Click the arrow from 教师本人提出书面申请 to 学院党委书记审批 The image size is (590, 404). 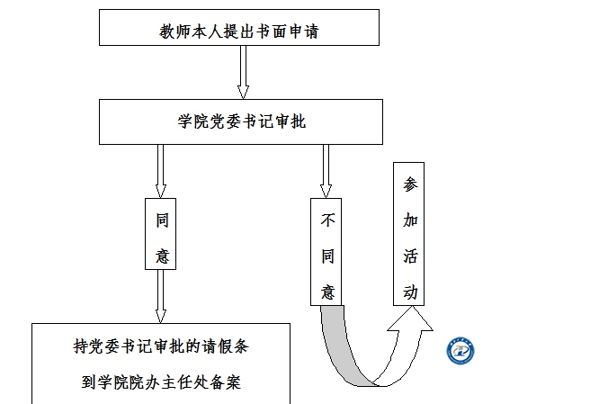tap(243, 72)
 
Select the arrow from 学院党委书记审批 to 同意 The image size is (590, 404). tap(161, 171)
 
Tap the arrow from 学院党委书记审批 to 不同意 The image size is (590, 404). tap(326, 171)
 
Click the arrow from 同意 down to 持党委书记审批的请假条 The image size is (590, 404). tap(161, 295)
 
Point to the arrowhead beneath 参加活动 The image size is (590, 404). tap(409, 320)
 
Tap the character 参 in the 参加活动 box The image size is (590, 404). tap(410, 185)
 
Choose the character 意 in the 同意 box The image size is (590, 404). tap(162, 256)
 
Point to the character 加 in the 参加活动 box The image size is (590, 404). tap(410, 220)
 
